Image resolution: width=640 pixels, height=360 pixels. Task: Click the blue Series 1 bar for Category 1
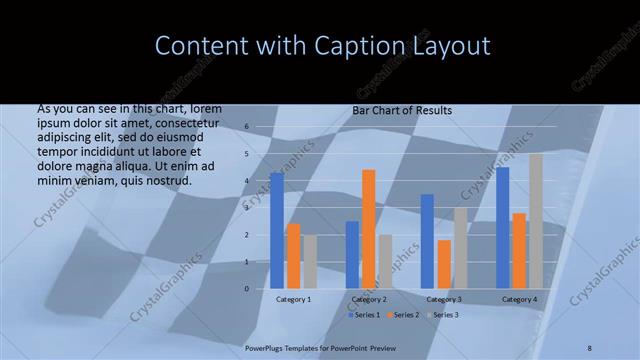click(277, 230)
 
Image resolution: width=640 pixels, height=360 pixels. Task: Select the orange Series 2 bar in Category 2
click(369, 229)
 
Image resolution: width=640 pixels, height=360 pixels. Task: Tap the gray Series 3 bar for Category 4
click(536, 221)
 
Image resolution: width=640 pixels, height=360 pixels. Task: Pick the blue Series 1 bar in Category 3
click(427, 241)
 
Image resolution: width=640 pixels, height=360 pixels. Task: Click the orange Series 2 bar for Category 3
click(444, 264)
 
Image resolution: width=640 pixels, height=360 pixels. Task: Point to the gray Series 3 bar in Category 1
click(310, 262)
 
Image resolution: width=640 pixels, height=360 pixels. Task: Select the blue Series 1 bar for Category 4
click(503, 228)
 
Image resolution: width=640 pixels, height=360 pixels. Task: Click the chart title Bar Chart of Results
click(402, 110)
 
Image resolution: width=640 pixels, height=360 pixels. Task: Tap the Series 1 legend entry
click(363, 315)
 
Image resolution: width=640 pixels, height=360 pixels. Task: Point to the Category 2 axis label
click(369, 299)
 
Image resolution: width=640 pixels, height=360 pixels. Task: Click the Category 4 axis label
click(519, 299)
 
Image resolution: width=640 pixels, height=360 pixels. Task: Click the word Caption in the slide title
click(353, 46)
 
